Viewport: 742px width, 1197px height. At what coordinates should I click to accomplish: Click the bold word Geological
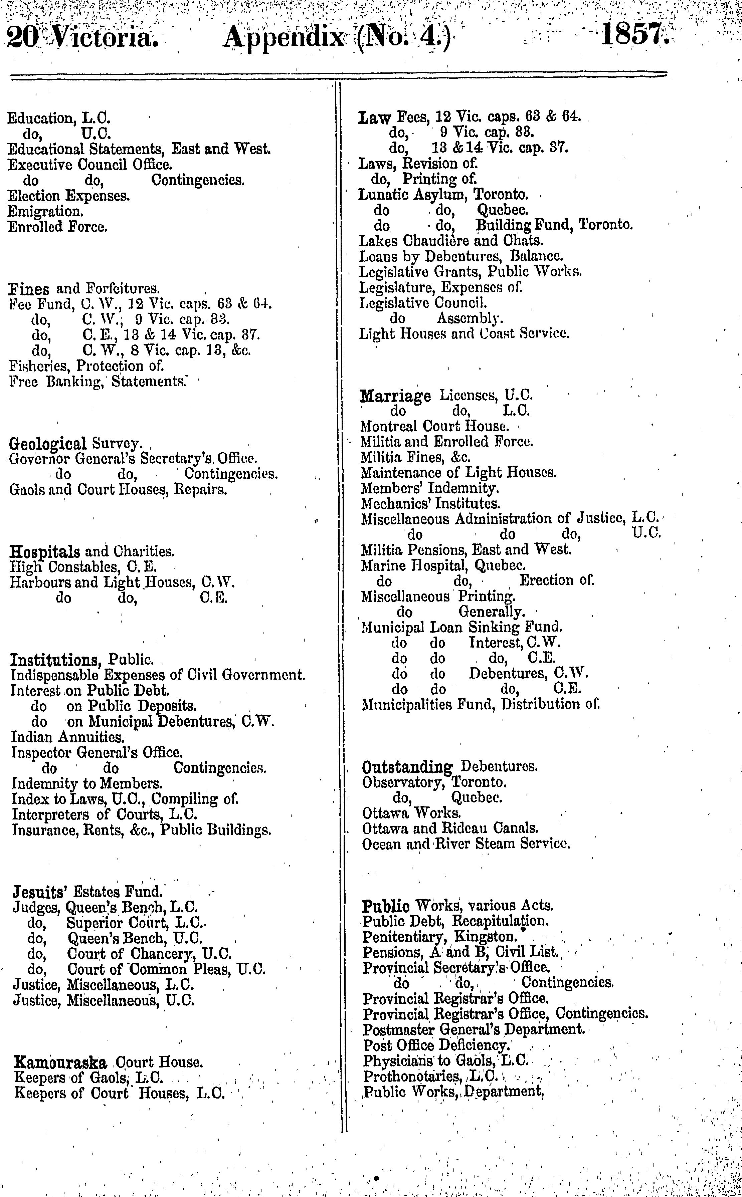[48, 444]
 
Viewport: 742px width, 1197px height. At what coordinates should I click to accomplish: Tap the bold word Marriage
[395, 396]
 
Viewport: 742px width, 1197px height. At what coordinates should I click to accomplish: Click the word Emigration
[45, 211]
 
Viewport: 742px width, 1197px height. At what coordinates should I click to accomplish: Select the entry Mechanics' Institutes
[430, 504]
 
